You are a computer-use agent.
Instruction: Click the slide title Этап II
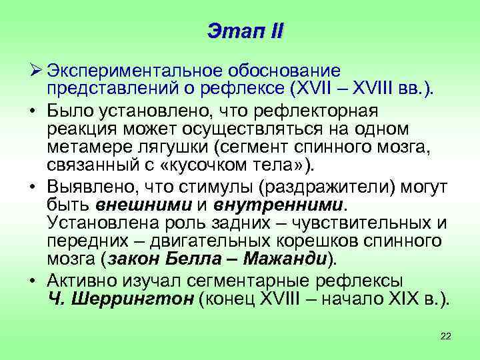pos(245,30)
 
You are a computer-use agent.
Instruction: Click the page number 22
pos(445,335)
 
